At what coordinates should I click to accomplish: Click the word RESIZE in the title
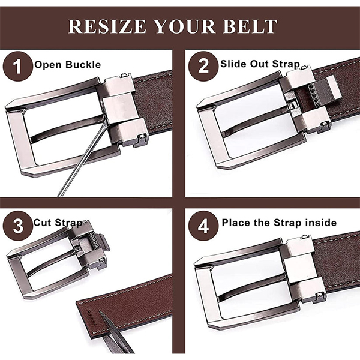pyautogui.click(x=107, y=26)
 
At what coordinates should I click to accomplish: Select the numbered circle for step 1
pyautogui.click(x=17, y=67)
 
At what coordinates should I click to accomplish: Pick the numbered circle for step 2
pyautogui.click(x=203, y=66)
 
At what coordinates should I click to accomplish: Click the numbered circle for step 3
pyautogui.click(x=18, y=226)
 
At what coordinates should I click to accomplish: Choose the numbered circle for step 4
pyautogui.click(x=203, y=226)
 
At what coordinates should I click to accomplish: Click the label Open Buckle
pyautogui.click(x=67, y=65)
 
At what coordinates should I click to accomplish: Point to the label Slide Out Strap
pyautogui.click(x=260, y=64)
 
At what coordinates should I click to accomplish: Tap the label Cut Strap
pyautogui.click(x=59, y=223)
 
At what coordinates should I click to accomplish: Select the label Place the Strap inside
pyautogui.click(x=279, y=223)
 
